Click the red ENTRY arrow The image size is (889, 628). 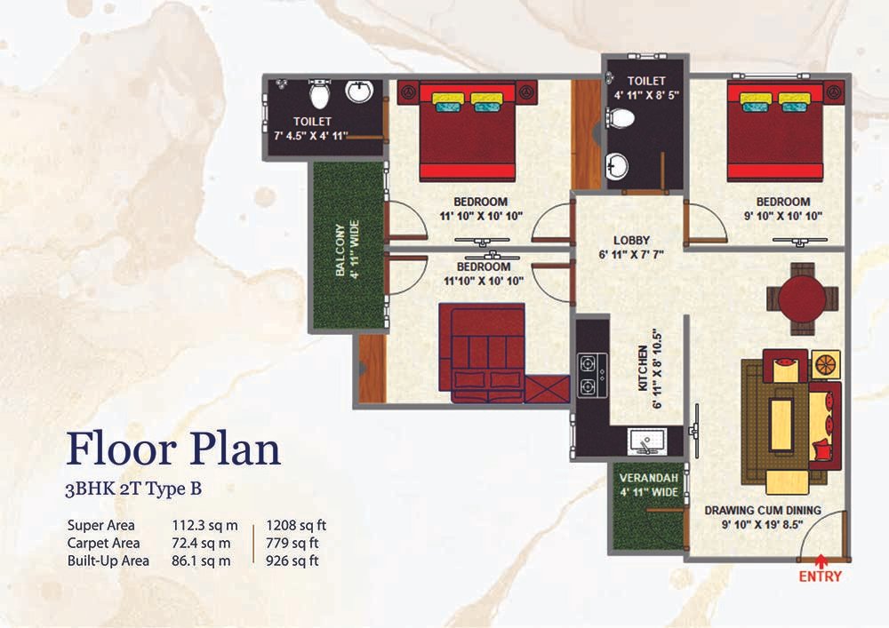point(820,561)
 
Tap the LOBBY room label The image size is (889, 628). point(631,240)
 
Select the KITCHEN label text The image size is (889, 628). point(643,368)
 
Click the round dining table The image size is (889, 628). point(802,299)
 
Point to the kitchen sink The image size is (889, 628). point(646,441)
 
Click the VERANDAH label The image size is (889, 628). point(649,478)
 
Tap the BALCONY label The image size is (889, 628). point(340,250)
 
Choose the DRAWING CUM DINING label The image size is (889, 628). point(763,510)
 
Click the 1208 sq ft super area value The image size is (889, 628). point(296,526)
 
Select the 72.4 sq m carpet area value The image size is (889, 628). point(201,543)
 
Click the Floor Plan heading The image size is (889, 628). point(173,449)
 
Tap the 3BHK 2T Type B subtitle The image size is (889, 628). point(133,489)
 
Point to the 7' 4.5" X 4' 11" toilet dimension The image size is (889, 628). point(310,136)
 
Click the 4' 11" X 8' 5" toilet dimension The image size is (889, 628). point(646,95)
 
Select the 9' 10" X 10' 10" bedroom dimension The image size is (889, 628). point(783,216)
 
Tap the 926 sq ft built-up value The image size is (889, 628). point(292,560)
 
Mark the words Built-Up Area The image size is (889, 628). point(108,560)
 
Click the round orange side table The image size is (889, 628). point(826,364)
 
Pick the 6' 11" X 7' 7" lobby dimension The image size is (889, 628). point(631,255)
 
